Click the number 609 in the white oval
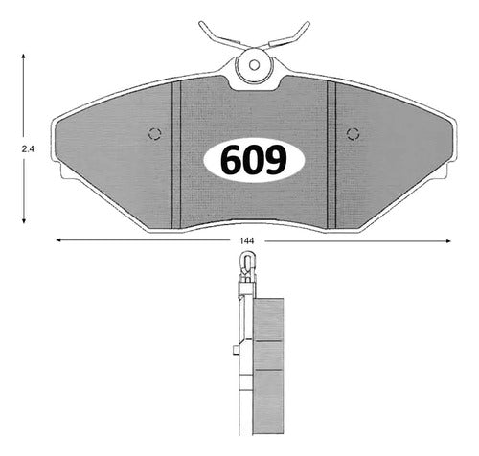(x=254, y=160)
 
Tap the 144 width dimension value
(x=247, y=241)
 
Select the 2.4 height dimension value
(x=28, y=148)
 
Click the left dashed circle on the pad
(x=155, y=134)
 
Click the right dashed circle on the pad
(x=354, y=134)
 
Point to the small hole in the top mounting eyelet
(x=254, y=65)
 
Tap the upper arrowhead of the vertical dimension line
(x=23, y=57)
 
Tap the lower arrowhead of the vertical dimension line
(x=24, y=220)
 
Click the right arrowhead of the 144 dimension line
(x=447, y=241)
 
